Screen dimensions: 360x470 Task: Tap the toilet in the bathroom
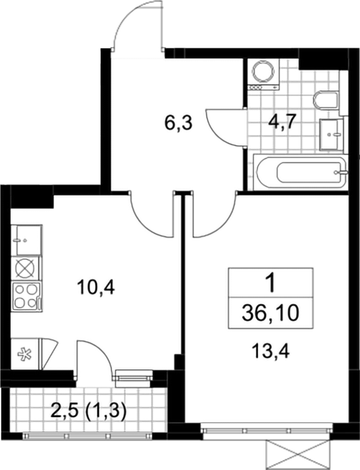click(326, 100)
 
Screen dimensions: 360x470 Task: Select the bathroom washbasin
click(331, 134)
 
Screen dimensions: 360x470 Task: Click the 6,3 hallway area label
click(178, 123)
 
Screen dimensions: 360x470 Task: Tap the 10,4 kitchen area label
click(95, 288)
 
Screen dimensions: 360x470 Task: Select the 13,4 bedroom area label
click(271, 351)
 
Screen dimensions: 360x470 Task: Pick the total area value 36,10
click(271, 314)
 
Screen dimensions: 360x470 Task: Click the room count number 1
click(271, 284)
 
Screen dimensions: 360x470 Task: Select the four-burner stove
click(26, 297)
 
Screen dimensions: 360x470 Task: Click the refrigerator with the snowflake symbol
click(25, 354)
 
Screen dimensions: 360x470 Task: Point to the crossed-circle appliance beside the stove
click(25, 269)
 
